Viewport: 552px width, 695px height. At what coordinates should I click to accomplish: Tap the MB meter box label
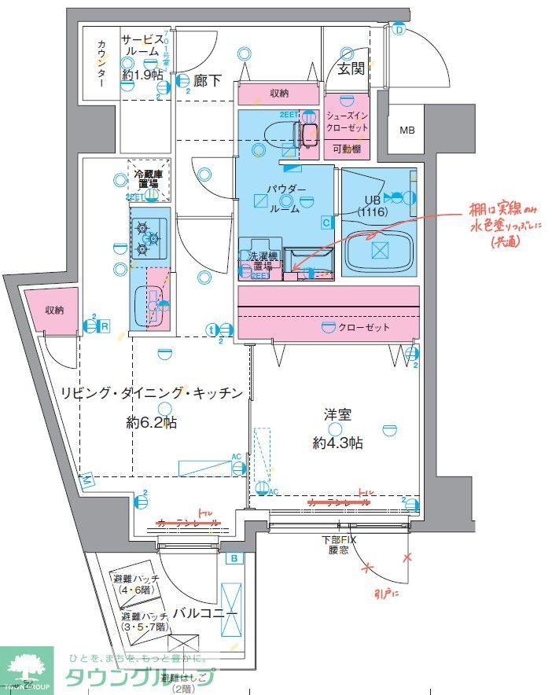[407, 130]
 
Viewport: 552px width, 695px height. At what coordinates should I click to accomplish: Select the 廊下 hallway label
[208, 79]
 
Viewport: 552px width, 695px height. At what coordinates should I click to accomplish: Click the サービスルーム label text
[142, 48]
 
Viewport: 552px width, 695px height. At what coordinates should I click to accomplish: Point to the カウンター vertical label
[101, 62]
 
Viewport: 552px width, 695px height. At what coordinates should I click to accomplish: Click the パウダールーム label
[283, 199]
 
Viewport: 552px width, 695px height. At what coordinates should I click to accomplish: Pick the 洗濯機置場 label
[260, 261]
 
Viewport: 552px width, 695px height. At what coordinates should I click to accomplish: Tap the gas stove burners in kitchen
[148, 236]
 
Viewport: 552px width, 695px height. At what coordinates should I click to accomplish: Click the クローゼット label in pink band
[366, 328]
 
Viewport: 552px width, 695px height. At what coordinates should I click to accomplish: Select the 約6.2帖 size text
[152, 423]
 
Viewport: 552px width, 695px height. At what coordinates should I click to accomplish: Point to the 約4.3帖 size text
[337, 443]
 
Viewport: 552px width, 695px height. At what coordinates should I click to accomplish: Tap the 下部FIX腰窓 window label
[339, 545]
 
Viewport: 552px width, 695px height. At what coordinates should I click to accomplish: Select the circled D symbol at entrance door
[399, 30]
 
